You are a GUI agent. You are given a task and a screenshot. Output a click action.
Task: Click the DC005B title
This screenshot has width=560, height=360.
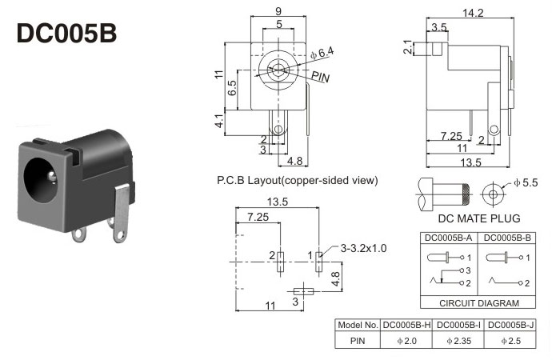coord(66,34)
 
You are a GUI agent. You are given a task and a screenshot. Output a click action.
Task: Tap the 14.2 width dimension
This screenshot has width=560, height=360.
coord(473,13)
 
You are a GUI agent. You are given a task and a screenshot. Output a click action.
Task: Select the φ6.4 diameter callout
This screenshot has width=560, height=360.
coord(322,53)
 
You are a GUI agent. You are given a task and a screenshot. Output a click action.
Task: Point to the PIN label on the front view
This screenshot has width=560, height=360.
coord(320,77)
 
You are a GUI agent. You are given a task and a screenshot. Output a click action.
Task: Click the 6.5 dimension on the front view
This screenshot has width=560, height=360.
coord(232,88)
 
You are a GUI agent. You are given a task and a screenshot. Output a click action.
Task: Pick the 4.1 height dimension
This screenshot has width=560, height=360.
coord(219,121)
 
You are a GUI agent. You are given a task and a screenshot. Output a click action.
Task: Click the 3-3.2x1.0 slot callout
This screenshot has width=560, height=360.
coord(363,248)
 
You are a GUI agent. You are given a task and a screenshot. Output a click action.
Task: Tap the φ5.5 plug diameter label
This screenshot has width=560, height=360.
coord(526,182)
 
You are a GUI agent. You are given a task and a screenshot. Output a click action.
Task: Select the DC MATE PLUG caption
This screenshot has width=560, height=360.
coord(479,218)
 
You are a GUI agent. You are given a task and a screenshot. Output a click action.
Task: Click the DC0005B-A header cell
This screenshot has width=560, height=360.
coord(448,238)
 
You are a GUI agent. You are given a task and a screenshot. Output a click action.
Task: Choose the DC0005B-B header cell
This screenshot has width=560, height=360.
coord(507,238)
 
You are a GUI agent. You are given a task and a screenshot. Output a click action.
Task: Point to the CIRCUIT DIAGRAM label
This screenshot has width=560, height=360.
coord(479,303)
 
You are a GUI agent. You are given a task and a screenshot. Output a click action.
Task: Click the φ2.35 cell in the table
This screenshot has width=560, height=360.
coord(458,341)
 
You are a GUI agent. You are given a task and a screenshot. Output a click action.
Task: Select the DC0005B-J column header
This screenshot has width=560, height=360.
coord(510,325)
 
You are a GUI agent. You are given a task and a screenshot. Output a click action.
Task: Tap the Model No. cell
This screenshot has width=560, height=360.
coord(358,325)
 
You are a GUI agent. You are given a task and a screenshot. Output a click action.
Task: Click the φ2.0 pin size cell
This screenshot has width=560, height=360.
coord(406,341)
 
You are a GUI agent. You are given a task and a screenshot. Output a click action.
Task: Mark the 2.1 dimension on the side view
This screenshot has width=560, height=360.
coord(408,47)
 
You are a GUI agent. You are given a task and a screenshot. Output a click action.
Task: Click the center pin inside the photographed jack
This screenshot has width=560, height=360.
coord(52,177)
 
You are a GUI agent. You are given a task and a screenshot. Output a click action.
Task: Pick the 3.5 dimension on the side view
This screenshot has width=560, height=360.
coord(439,27)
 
